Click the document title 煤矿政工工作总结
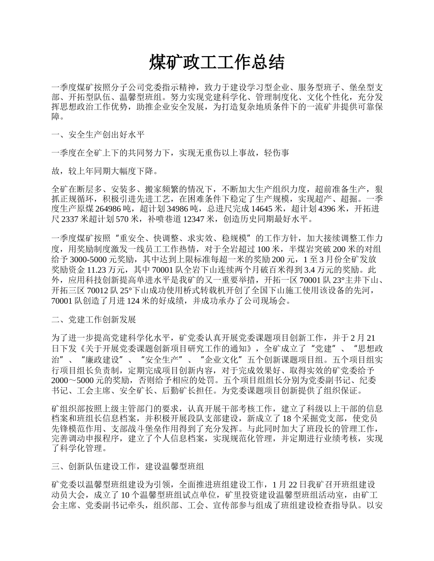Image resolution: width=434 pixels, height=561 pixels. click(x=217, y=63)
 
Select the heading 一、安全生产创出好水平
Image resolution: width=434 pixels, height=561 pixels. click(x=98, y=135)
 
